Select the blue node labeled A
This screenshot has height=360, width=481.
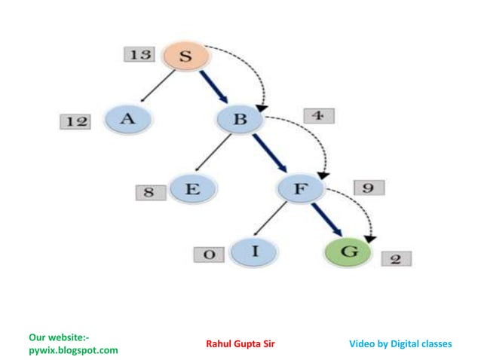pos(127,119)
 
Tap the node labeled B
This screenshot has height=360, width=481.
pos(240,120)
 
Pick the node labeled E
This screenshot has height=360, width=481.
pos(191,190)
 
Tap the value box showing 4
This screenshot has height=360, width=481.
pos(320,117)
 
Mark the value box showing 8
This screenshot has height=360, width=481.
pos(149,192)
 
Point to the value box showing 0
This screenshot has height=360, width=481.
pos(209,255)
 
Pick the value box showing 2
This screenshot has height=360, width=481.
pos(395,259)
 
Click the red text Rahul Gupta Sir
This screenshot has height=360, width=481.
pos(240,344)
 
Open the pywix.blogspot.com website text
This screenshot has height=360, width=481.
pos(72,350)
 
